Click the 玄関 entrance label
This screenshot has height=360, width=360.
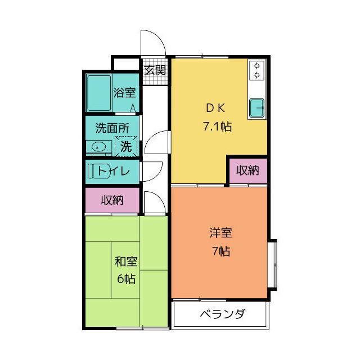155,70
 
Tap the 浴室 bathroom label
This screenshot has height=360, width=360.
124,93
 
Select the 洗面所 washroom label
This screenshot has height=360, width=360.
112,128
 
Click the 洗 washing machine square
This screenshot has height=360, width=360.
127,146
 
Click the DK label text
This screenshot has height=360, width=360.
217,107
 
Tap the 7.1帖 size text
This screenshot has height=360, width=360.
217,126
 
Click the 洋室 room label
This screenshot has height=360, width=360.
221,233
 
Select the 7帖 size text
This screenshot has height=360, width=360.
221,251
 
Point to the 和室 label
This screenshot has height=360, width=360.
126,262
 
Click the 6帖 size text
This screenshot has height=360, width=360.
126,278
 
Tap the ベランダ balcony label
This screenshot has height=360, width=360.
222,314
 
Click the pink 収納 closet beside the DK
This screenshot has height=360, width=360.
247,170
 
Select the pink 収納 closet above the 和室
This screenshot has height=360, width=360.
112,200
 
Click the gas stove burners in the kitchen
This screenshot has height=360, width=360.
256,70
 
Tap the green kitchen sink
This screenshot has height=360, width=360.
257,107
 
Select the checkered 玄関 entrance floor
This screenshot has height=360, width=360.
155,79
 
